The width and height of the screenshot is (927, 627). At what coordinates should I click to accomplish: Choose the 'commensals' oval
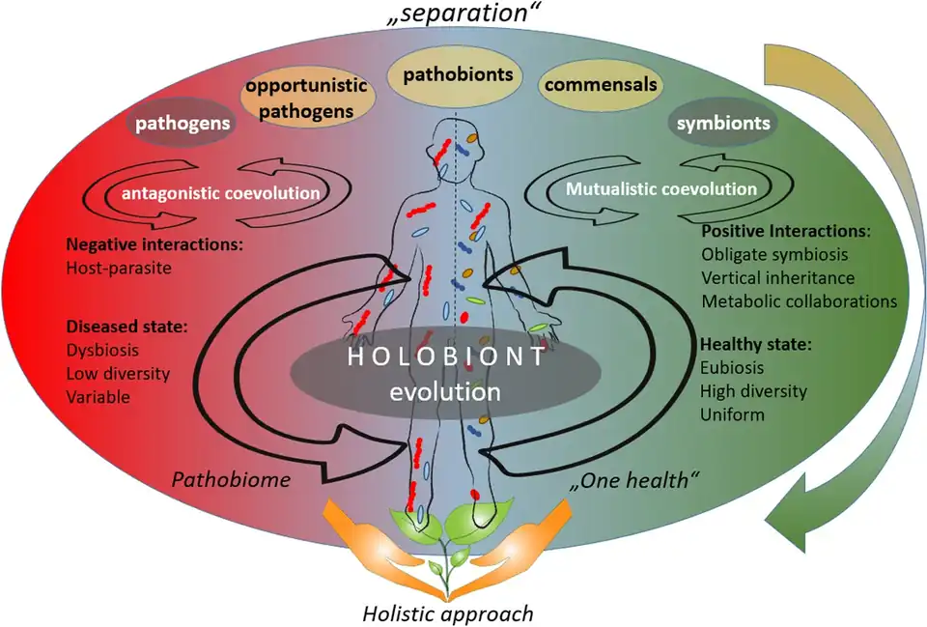tap(601, 84)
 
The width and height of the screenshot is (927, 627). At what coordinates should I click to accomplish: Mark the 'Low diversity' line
tap(117, 373)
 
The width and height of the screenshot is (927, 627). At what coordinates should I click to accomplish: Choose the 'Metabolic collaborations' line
tap(799, 300)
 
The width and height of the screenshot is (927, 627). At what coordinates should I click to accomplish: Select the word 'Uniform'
tap(733, 414)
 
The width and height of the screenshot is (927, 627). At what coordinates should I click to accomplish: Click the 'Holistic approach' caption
tap(448, 613)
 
